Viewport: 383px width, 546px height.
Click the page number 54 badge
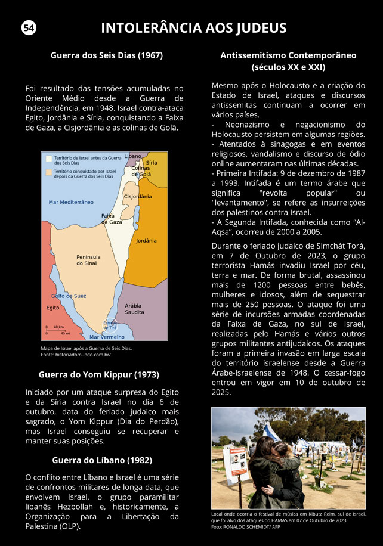tap(29, 28)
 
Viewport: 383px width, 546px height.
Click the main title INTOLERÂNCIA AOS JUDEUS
tap(194, 28)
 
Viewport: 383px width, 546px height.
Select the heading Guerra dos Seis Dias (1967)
tap(107, 55)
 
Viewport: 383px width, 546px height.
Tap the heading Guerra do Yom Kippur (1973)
tap(98, 375)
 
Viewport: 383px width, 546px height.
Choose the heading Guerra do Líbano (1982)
tap(102, 460)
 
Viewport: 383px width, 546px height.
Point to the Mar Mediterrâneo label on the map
tap(71, 203)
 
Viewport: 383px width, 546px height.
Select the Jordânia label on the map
tap(146, 241)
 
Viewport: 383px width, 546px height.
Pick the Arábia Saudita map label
tap(134, 309)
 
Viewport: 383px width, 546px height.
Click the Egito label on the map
tap(52, 308)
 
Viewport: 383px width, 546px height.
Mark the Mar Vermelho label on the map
tap(107, 337)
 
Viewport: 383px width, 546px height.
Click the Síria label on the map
tap(152, 162)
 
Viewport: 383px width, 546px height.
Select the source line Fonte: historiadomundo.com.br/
tap(76, 355)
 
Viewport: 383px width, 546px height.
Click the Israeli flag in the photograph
tap(272, 431)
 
